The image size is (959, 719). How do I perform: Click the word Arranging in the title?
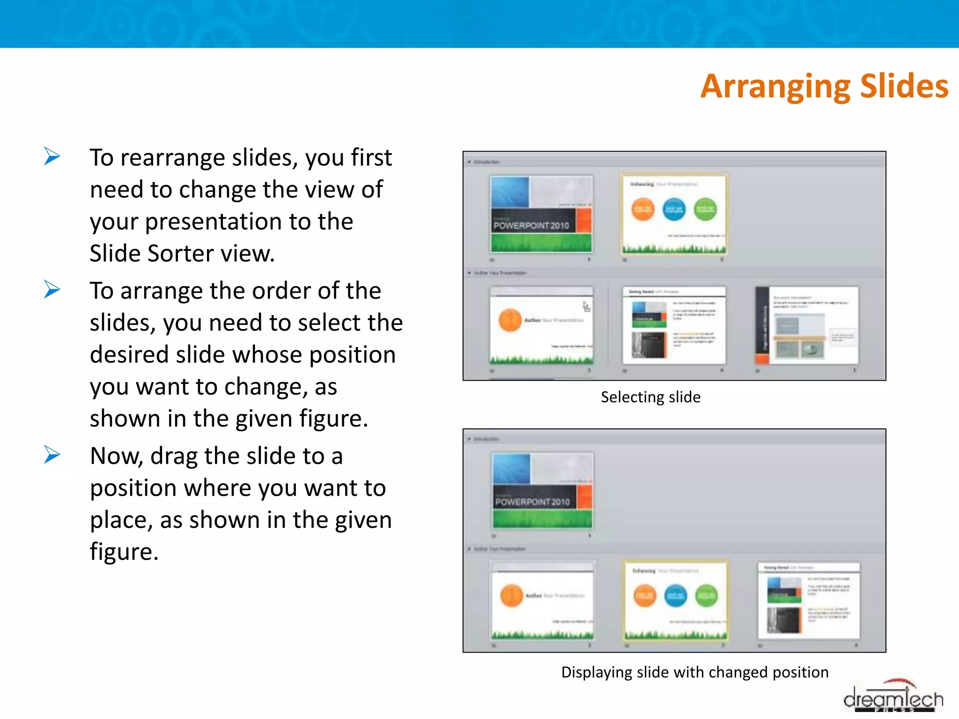[776, 87]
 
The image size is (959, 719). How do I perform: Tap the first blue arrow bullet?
[52, 156]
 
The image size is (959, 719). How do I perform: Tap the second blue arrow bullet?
[52, 289]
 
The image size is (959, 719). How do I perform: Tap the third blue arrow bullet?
[52, 455]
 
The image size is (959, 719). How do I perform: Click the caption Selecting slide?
[650, 397]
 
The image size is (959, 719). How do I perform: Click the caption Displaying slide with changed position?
[694, 672]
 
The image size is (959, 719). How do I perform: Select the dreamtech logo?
[893, 698]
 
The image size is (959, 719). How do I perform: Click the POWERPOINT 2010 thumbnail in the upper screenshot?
[541, 214]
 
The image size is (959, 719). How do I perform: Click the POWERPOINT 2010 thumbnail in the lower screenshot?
[542, 491]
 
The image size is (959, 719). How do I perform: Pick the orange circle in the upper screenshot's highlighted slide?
[642, 209]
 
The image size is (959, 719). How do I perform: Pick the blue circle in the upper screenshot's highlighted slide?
[674, 209]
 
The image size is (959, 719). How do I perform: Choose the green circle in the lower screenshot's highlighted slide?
[706, 596]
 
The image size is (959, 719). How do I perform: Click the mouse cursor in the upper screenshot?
[586, 307]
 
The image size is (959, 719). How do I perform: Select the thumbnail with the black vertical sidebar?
[807, 326]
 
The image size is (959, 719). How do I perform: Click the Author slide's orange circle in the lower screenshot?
[511, 596]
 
